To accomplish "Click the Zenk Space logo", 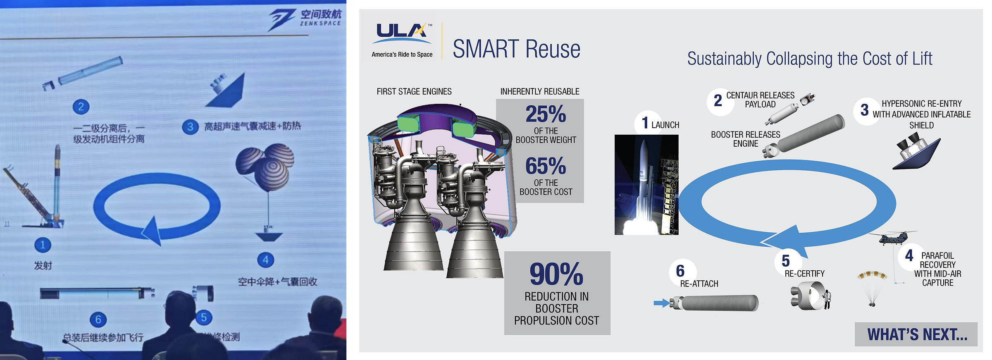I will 306,19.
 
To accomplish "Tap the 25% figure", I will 545,114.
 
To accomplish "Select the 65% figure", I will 545,166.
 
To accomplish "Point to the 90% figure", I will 556,274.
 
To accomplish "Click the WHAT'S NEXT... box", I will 916,334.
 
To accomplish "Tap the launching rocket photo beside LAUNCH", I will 646,185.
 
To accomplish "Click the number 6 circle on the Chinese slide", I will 98,319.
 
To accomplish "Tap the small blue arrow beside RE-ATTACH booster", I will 661,303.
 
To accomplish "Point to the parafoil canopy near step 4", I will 872,275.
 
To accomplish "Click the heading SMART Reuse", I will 516,49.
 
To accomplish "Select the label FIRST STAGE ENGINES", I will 414,91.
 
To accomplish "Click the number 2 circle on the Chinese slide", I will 81,107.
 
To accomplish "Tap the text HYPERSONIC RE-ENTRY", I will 921,104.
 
